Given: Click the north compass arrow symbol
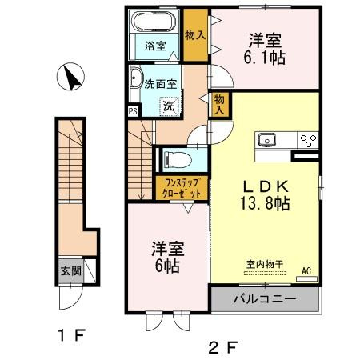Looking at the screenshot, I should (x=71, y=78).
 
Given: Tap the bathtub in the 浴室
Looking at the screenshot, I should (x=154, y=21).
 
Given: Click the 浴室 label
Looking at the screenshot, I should (x=155, y=46).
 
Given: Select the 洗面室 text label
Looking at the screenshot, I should (x=162, y=82).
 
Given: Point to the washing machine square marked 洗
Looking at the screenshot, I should (x=169, y=105).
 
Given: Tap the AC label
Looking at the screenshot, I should (x=306, y=272).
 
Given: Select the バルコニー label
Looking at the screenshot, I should (x=265, y=300).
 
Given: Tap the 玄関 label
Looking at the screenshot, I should (x=70, y=271).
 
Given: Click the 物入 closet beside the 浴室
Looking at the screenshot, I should (x=194, y=35).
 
